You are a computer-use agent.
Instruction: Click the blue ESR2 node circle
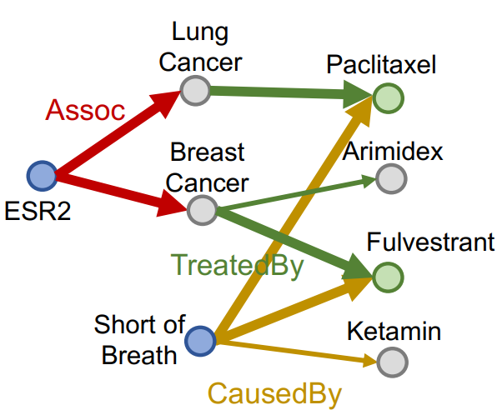click(x=42, y=176)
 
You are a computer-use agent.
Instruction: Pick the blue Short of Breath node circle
click(x=199, y=340)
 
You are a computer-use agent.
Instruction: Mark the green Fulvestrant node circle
click(x=387, y=277)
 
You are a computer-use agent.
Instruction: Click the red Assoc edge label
click(x=85, y=109)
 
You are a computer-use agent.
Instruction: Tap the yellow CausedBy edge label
click(x=274, y=393)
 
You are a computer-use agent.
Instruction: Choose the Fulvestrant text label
click(x=430, y=243)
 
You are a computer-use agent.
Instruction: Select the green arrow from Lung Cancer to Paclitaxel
click(x=284, y=93)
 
